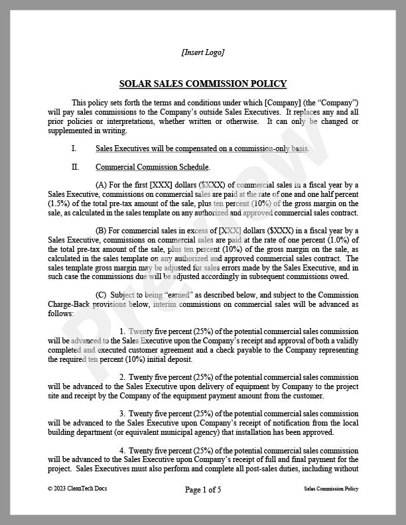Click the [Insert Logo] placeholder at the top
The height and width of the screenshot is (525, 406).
[x=202, y=52]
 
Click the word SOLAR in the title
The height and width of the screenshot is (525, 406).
[x=135, y=84]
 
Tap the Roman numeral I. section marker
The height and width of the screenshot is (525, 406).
[x=74, y=149]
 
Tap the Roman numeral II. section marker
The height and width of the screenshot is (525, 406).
[x=75, y=167]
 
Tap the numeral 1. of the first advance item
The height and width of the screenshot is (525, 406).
[x=123, y=331]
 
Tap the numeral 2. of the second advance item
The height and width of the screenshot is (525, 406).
[x=123, y=377]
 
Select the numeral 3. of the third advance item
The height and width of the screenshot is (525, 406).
[x=123, y=414]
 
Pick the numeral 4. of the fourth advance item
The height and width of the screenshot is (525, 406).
[x=123, y=450]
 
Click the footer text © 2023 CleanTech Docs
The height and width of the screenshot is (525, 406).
[x=77, y=489]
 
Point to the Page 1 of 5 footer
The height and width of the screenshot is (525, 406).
[x=203, y=490]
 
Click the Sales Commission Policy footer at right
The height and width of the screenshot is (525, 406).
[x=327, y=489]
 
